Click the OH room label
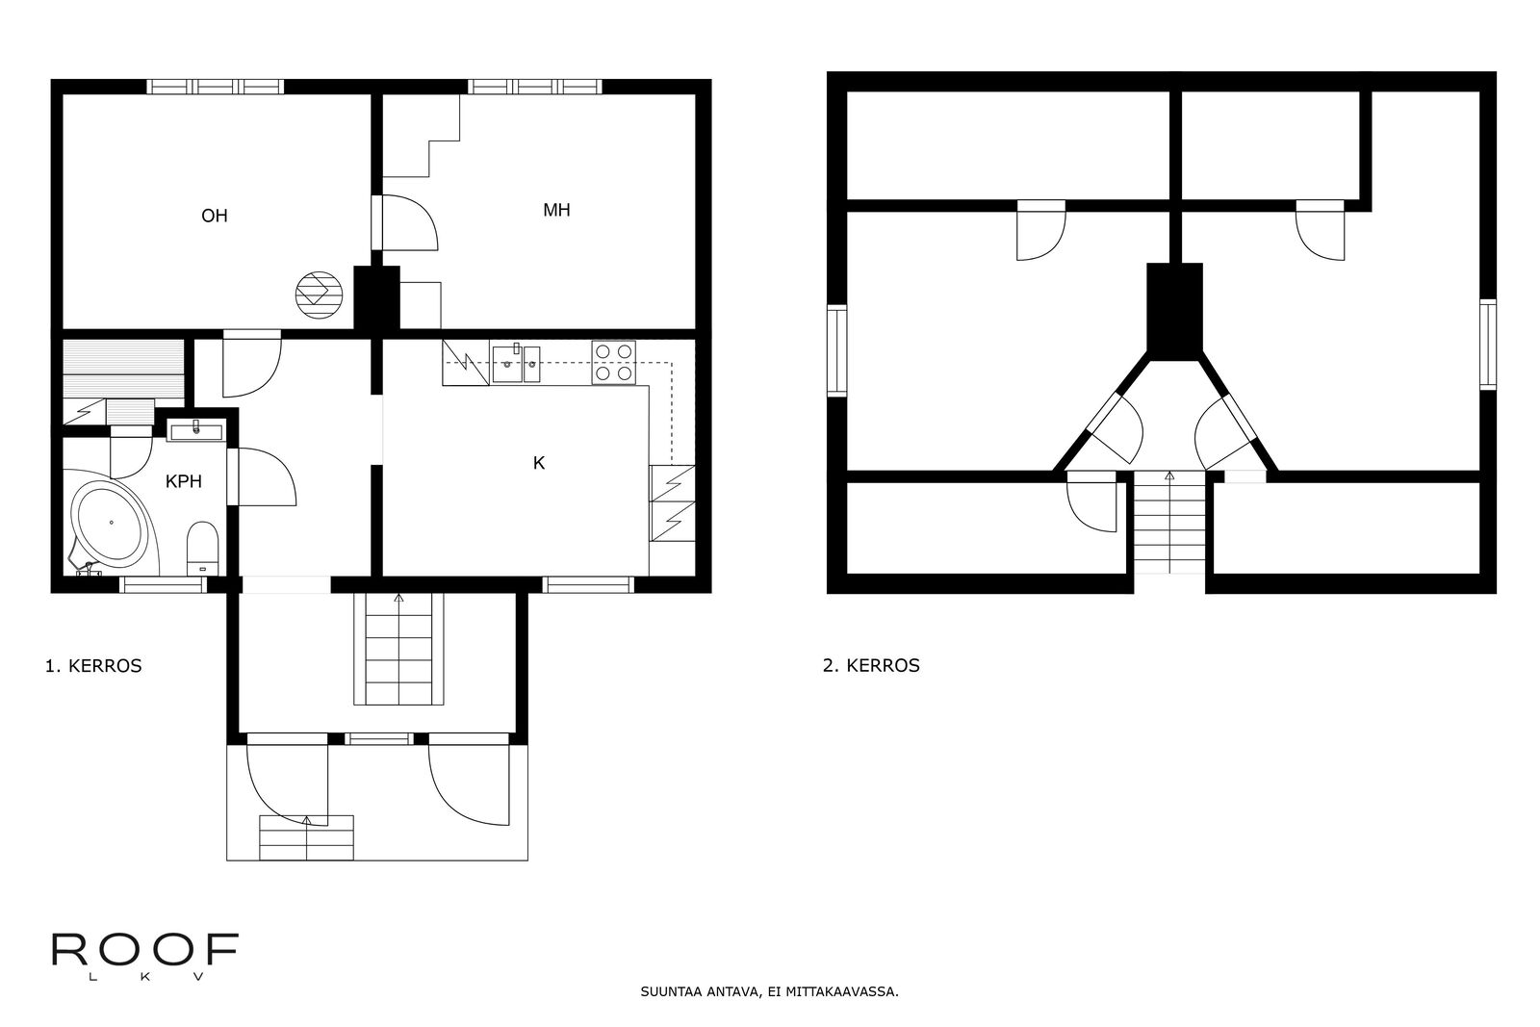(x=215, y=216)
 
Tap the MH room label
(x=556, y=210)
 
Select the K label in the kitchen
(x=539, y=463)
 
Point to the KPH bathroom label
(x=184, y=481)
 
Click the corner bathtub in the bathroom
(x=112, y=524)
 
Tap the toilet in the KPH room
(x=203, y=548)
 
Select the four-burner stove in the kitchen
(x=614, y=362)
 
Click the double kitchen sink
(x=516, y=364)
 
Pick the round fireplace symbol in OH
(x=319, y=295)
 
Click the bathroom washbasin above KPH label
(x=196, y=430)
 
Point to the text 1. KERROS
(x=93, y=666)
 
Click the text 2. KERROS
(x=871, y=665)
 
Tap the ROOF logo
(x=145, y=956)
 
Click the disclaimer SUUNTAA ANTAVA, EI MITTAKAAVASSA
(x=770, y=992)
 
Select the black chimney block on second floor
(x=1175, y=311)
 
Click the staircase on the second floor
(x=1169, y=523)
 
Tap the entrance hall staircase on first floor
(x=398, y=649)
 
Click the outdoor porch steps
(x=307, y=837)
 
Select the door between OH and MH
(x=405, y=222)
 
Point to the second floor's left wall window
(x=836, y=350)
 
